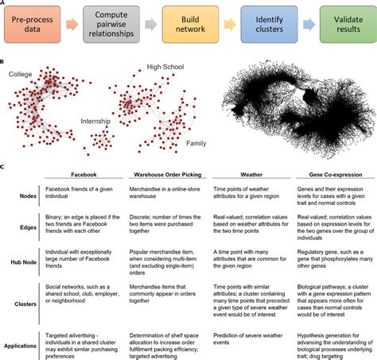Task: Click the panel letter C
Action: click(4, 167)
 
